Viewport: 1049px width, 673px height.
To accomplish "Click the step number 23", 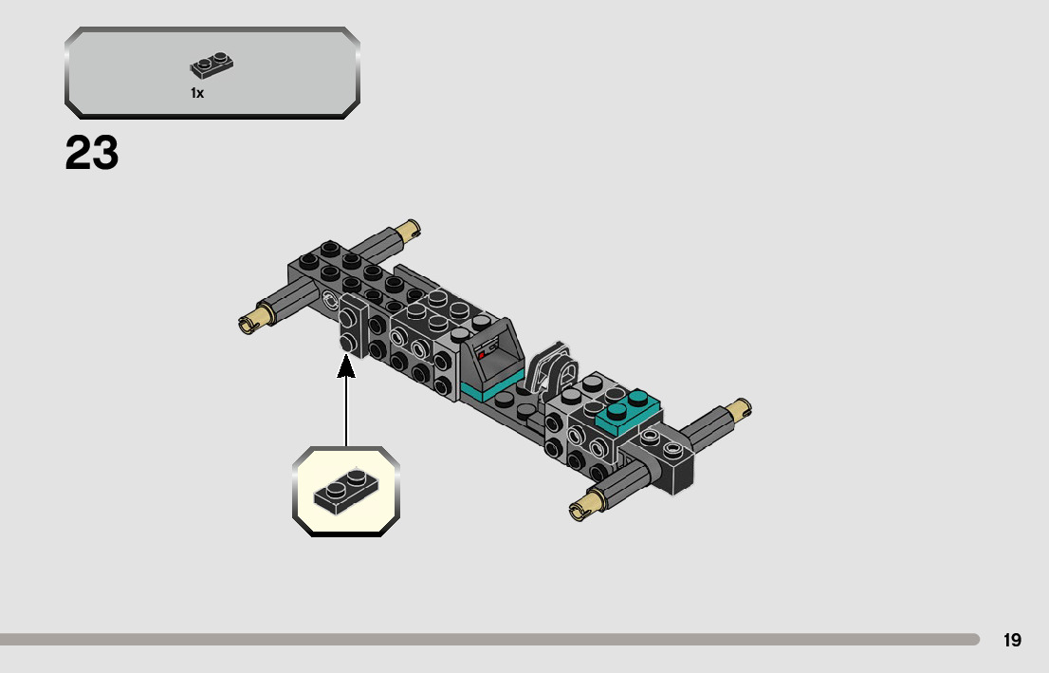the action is click(92, 154).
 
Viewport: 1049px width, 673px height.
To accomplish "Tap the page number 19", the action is click(1012, 640).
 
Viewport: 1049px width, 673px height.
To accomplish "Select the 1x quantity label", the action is click(197, 93).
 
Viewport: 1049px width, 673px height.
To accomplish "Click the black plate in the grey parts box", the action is click(212, 65).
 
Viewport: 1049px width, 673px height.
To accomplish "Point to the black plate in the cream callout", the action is click(345, 489).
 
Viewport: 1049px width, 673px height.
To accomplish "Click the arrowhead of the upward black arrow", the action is click(346, 365).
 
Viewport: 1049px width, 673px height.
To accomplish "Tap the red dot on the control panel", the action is click(482, 354).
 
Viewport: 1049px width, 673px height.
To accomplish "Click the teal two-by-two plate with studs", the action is click(627, 409).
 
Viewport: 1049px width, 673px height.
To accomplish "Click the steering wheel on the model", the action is click(552, 369).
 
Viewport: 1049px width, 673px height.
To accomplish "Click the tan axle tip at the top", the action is click(409, 229).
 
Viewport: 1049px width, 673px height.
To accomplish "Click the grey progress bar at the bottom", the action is click(488, 640).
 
